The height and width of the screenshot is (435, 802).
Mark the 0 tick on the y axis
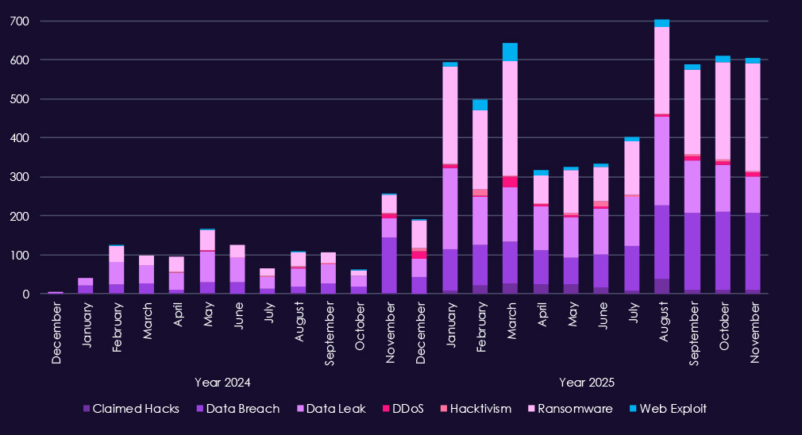(x=25, y=294)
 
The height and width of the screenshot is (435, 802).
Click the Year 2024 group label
(x=222, y=382)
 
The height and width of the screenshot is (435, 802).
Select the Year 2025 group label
(x=587, y=382)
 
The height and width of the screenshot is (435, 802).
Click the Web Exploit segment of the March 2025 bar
(x=510, y=52)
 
